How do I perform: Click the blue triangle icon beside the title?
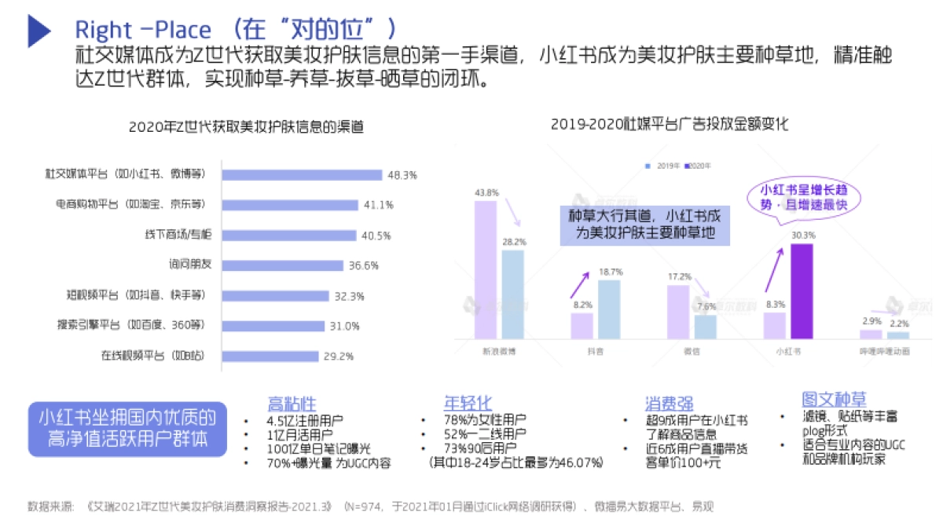(x=39, y=29)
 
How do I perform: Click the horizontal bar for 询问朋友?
(x=282, y=265)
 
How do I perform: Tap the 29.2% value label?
(x=338, y=356)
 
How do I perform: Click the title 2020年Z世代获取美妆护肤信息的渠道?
(x=246, y=126)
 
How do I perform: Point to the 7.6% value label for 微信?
(x=705, y=306)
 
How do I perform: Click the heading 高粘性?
(x=292, y=404)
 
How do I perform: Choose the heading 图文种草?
(x=834, y=400)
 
